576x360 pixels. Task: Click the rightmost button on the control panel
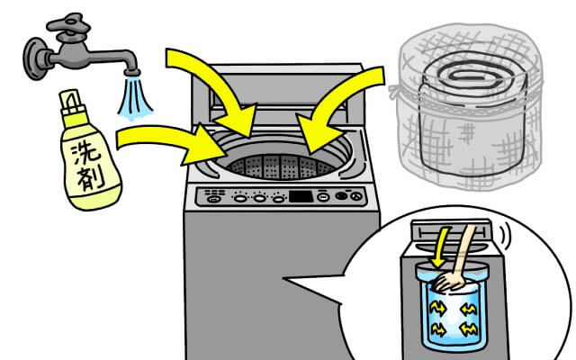click(x=360, y=197)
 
